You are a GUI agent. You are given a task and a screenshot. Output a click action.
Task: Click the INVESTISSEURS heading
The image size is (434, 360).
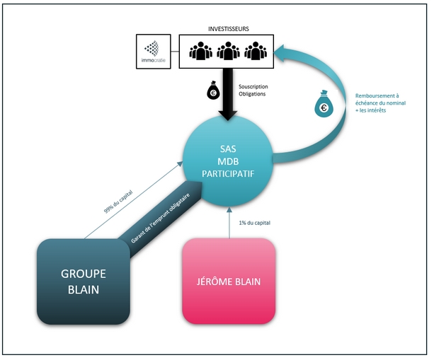(229, 29)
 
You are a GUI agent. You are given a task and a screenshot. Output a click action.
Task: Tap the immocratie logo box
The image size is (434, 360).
(154, 52)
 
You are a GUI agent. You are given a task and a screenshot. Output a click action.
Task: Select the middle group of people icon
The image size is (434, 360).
(228, 51)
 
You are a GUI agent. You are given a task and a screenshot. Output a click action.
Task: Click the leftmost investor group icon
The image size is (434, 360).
(200, 51)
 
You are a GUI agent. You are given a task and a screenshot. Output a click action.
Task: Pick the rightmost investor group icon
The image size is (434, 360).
(256, 51)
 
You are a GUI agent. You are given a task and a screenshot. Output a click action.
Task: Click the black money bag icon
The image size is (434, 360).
(213, 90)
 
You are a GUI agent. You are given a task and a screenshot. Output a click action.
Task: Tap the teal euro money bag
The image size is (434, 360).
(324, 104)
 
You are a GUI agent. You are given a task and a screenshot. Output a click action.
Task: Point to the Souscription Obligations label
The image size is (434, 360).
(253, 90)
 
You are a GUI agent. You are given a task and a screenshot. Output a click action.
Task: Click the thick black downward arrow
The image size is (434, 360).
(228, 94)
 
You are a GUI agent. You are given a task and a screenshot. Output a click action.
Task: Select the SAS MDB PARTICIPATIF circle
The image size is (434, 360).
(228, 161)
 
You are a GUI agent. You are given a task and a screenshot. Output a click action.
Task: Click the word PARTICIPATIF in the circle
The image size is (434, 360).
(228, 174)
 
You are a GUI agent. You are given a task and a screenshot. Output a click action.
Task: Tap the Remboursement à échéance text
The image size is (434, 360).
(380, 103)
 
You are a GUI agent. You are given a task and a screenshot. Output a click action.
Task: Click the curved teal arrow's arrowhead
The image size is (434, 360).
(281, 52)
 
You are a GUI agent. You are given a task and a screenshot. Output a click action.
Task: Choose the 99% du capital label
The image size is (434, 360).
(118, 202)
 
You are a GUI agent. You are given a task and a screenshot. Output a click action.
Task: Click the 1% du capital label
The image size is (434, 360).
(255, 223)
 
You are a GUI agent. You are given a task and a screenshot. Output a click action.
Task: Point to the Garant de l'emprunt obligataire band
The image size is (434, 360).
(161, 218)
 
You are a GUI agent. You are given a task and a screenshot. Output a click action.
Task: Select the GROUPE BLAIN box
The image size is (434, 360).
(84, 281)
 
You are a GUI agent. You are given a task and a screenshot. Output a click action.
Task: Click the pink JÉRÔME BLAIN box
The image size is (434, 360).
(229, 281)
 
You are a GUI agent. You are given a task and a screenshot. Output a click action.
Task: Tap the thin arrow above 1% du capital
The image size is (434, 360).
(229, 223)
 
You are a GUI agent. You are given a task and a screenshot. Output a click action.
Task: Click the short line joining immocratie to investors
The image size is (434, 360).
(175, 52)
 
